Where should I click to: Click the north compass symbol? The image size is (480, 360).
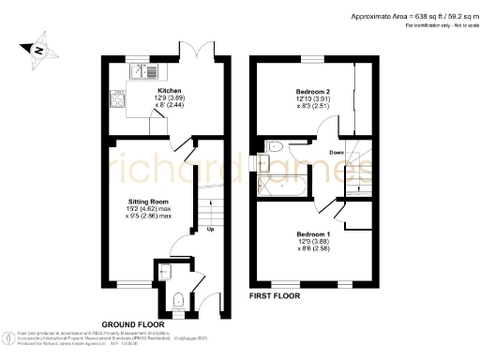(37, 50)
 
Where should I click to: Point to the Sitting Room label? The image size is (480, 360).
(148, 202)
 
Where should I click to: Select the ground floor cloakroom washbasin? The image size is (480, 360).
(164, 272)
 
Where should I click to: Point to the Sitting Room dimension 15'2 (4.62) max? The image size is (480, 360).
(148, 209)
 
